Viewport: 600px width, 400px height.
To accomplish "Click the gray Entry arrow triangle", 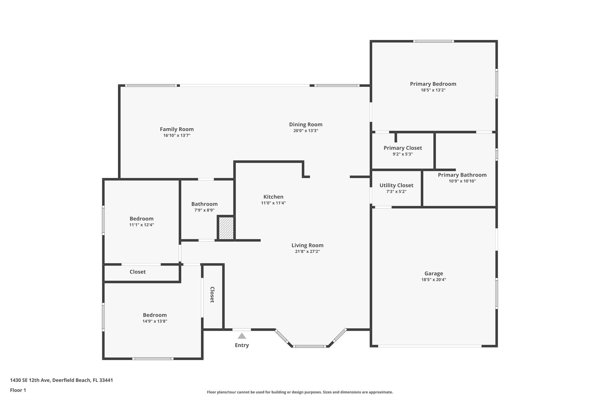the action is point(242,336).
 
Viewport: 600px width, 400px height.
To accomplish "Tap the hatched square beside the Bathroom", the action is point(226,228).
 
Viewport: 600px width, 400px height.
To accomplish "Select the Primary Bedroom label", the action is point(433,84).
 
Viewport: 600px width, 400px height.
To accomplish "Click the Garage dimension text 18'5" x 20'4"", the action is point(434,280).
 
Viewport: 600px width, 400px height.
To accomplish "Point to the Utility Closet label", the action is point(396,185).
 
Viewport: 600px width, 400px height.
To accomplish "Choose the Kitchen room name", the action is point(273,197).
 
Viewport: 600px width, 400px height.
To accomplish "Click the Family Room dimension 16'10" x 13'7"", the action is point(177,135).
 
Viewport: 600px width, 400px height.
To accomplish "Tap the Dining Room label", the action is point(306,125).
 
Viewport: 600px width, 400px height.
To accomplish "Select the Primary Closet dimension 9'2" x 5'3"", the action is point(403,154).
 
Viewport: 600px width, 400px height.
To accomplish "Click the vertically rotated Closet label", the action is point(212,295).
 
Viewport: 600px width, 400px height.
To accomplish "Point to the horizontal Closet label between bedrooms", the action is point(138,272).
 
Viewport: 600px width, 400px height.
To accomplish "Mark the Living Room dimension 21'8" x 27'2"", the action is point(308,251).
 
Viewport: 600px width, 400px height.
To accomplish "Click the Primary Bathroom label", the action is point(462,175).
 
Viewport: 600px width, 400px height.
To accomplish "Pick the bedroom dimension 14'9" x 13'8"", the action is point(155,321).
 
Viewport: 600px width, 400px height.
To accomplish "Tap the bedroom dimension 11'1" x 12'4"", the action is point(142,225).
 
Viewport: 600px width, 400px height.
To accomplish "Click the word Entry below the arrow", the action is point(242,345).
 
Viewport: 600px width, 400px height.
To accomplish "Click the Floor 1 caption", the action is point(18,390).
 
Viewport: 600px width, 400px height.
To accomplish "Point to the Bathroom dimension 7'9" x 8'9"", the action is point(204,210).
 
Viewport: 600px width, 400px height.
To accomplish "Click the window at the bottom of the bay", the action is point(310,346).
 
